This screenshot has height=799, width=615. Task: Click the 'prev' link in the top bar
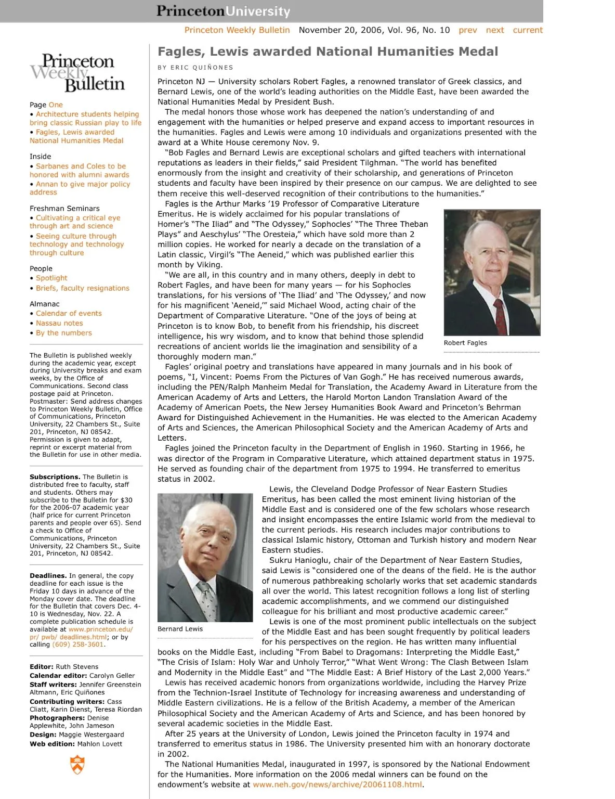coord(467,30)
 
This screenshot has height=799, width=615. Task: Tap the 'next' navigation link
coord(494,30)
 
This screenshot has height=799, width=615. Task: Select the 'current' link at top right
coord(527,30)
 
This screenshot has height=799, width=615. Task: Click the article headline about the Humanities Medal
coord(328,51)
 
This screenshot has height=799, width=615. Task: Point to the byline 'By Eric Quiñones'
coord(195,68)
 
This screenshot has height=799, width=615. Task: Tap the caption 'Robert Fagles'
coord(465,343)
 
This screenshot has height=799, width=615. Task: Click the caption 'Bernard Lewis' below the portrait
coord(180,629)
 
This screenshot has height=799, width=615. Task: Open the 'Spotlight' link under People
coord(51,278)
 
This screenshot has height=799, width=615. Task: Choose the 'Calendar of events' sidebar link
coord(69,314)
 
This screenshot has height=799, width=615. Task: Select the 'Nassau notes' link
coord(59,323)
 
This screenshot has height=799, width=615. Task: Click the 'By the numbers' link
coord(63,333)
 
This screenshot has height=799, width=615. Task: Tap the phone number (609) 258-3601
coord(78,645)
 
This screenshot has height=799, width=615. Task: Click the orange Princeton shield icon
coord(77,765)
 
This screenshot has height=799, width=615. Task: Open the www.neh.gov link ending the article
coord(337,784)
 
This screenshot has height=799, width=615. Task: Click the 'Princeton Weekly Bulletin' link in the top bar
coord(237,30)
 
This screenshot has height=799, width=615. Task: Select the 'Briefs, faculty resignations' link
coord(82,288)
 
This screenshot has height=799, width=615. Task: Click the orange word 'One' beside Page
coord(56,105)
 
